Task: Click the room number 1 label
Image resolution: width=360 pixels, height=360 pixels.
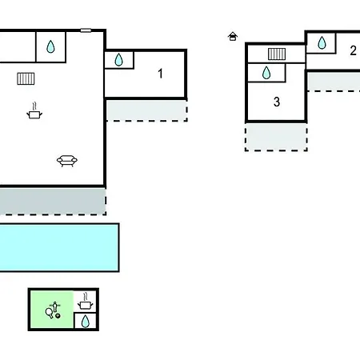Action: pyautogui.click(x=160, y=74)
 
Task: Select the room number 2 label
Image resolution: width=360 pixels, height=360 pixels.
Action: pyautogui.click(x=353, y=50)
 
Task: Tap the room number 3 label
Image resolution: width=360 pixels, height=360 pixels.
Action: pyautogui.click(x=277, y=102)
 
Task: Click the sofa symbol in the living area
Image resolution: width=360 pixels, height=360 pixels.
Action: pyautogui.click(x=67, y=161)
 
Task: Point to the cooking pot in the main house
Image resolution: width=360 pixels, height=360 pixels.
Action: pyautogui.click(x=34, y=110)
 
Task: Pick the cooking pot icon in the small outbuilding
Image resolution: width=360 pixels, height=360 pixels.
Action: pyautogui.click(x=85, y=302)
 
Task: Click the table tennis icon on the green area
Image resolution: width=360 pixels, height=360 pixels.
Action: pyautogui.click(x=53, y=310)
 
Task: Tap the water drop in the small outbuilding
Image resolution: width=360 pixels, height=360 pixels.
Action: pyautogui.click(x=85, y=322)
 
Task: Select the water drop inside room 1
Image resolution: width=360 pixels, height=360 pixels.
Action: pyautogui.click(x=118, y=59)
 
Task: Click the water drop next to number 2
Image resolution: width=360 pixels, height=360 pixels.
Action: pyautogui.click(x=322, y=42)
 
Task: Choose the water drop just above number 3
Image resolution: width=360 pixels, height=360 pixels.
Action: pyautogui.click(x=266, y=73)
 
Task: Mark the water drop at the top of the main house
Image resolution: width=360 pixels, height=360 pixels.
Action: pyautogui.click(x=50, y=46)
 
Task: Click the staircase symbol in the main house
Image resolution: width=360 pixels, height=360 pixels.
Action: pyautogui.click(x=26, y=78)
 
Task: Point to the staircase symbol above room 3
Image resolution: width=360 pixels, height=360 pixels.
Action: pyautogui.click(x=277, y=54)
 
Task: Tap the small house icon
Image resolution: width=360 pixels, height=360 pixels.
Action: pyautogui.click(x=233, y=37)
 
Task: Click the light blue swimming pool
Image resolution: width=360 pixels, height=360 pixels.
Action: pyautogui.click(x=59, y=248)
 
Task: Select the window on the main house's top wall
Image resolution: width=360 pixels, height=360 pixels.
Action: pyautogui.click(x=86, y=30)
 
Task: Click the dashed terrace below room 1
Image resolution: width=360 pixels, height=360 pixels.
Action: pyautogui.click(x=146, y=110)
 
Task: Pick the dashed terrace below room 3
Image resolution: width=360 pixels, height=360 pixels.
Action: pyautogui.click(x=276, y=137)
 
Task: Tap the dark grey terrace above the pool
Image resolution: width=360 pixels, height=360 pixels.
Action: pyautogui.click(x=53, y=201)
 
